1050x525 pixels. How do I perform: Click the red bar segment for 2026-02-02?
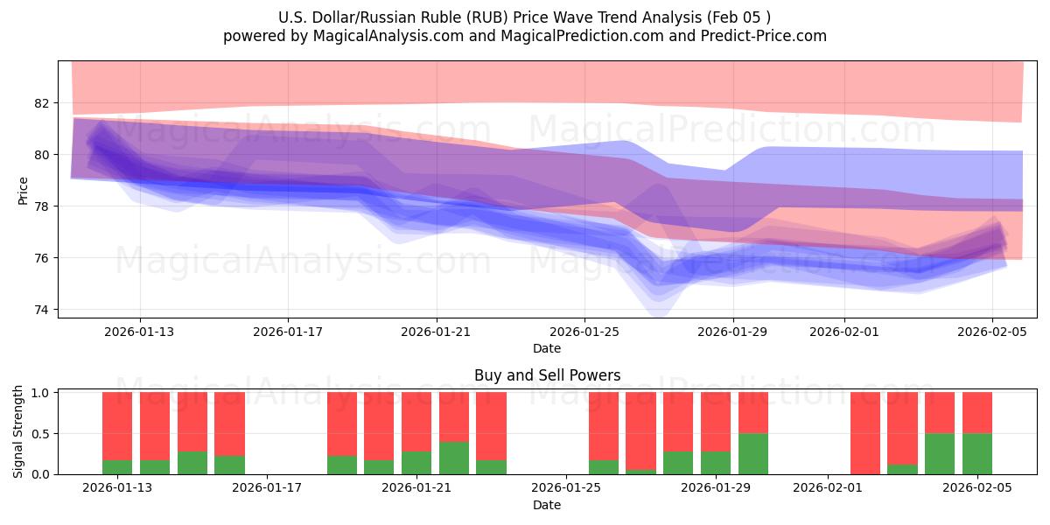(865, 433)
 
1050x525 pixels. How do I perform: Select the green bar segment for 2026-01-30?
(752, 453)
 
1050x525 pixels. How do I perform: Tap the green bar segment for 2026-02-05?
(977, 453)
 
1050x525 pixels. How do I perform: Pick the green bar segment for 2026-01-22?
(454, 458)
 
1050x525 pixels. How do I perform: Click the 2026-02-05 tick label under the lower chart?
(977, 488)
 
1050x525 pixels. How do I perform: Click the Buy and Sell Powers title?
(547, 375)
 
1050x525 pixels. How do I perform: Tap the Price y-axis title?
(24, 191)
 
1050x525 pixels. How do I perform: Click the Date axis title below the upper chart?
(547, 348)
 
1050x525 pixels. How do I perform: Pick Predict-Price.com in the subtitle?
(767, 36)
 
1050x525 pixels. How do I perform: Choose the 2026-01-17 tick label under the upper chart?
(289, 332)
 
